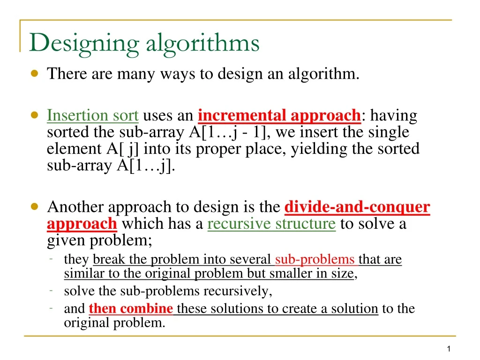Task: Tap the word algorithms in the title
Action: click(x=202, y=44)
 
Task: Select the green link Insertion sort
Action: click(x=93, y=115)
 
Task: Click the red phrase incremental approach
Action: click(x=279, y=115)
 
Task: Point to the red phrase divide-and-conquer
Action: click(x=357, y=207)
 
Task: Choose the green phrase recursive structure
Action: click(x=271, y=224)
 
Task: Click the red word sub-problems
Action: click(x=315, y=259)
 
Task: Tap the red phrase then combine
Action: click(x=131, y=309)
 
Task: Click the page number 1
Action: click(x=449, y=349)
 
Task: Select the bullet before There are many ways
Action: click(x=35, y=74)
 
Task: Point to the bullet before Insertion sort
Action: click(x=35, y=115)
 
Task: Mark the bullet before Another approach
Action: click(x=35, y=207)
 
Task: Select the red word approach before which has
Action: click(x=82, y=224)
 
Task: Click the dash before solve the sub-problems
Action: click(x=51, y=291)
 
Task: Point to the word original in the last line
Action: click(x=83, y=323)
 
